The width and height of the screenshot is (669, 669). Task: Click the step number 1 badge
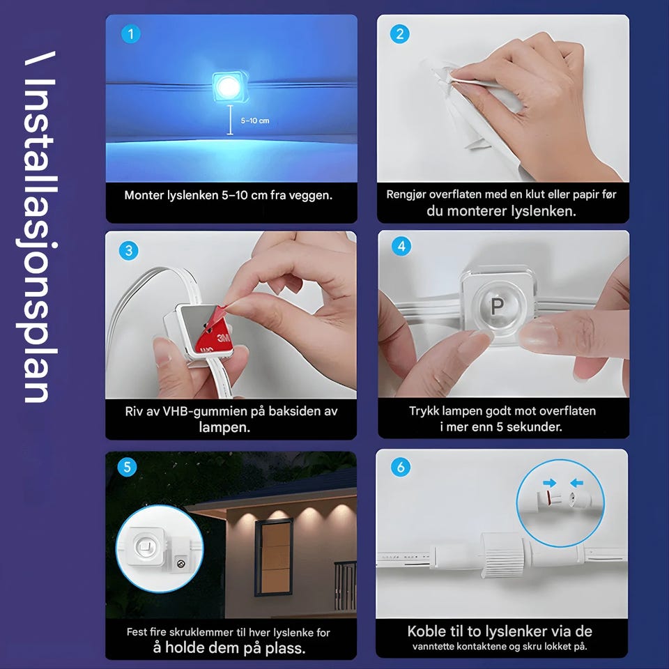(131, 34)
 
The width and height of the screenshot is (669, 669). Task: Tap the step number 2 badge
(400, 34)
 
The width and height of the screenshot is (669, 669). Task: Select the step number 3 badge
(129, 250)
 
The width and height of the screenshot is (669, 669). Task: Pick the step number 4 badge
(401, 246)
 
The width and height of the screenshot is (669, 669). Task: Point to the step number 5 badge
(127, 467)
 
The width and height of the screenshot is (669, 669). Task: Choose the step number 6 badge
(401, 467)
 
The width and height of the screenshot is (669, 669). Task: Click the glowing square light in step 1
(229, 86)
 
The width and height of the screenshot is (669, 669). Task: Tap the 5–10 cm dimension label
(255, 121)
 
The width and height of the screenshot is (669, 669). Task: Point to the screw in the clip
(180, 564)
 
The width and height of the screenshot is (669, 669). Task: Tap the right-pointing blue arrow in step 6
(550, 483)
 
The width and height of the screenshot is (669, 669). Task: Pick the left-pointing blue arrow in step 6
(577, 483)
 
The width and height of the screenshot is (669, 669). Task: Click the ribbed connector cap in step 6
(502, 555)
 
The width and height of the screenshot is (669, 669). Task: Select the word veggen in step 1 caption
(311, 195)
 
